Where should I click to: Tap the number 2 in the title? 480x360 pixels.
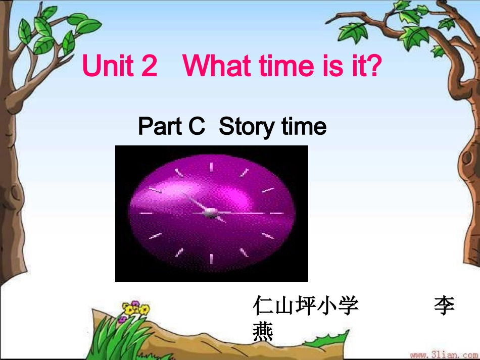[149, 66]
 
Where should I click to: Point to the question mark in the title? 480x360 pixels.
[373, 66]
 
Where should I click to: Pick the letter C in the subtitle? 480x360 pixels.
[197, 127]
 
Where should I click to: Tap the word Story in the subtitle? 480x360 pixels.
[246, 127]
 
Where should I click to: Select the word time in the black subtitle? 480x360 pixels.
[304, 127]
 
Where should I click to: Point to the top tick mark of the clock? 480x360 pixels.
[211, 167]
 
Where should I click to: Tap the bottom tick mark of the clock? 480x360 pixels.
[211, 259]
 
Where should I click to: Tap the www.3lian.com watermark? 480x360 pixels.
[444, 355]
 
